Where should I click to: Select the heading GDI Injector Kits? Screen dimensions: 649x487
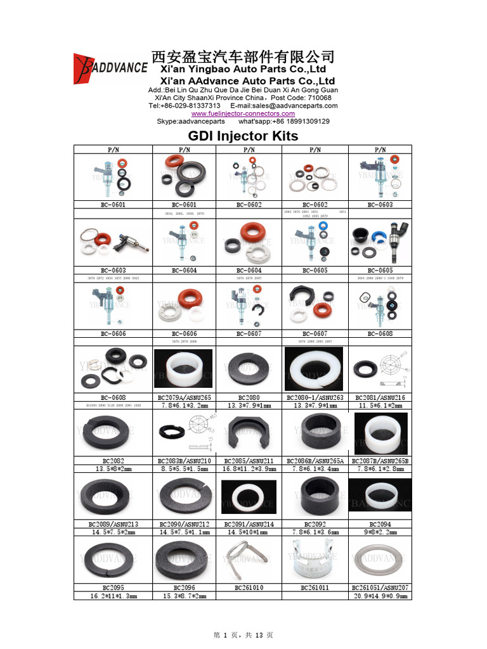pyautogui.click(x=243, y=136)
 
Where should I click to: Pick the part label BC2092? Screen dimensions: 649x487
pyautogui.click(x=315, y=524)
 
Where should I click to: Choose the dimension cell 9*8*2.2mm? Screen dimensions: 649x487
pyautogui.click(x=380, y=532)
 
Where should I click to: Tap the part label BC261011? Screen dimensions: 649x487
pyautogui.click(x=315, y=588)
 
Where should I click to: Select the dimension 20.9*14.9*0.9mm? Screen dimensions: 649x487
pyautogui.click(x=380, y=596)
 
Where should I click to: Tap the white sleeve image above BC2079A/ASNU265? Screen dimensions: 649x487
pyautogui.click(x=183, y=368)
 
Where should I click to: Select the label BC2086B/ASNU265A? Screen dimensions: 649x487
pyautogui.click(x=315, y=461)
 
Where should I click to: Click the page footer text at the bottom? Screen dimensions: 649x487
pyautogui.click(x=243, y=635)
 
